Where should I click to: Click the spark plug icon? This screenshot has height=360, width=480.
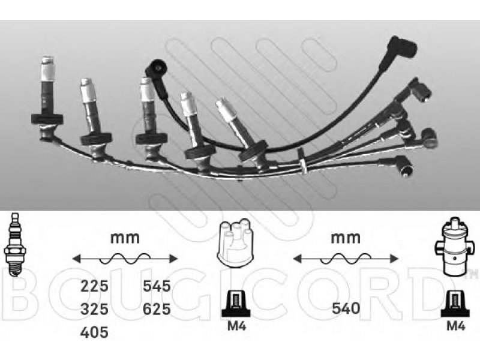(13, 245)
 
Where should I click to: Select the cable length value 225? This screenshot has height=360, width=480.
(94, 286)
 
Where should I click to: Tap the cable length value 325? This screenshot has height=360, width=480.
(94, 309)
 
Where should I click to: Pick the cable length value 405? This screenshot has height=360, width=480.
(94, 332)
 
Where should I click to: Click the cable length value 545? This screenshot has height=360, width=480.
(157, 286)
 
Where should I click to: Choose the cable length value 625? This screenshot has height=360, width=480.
(157, 309)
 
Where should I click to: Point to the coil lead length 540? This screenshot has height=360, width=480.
(346, 308)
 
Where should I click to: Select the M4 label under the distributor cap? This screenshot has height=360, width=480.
(236, 326)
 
